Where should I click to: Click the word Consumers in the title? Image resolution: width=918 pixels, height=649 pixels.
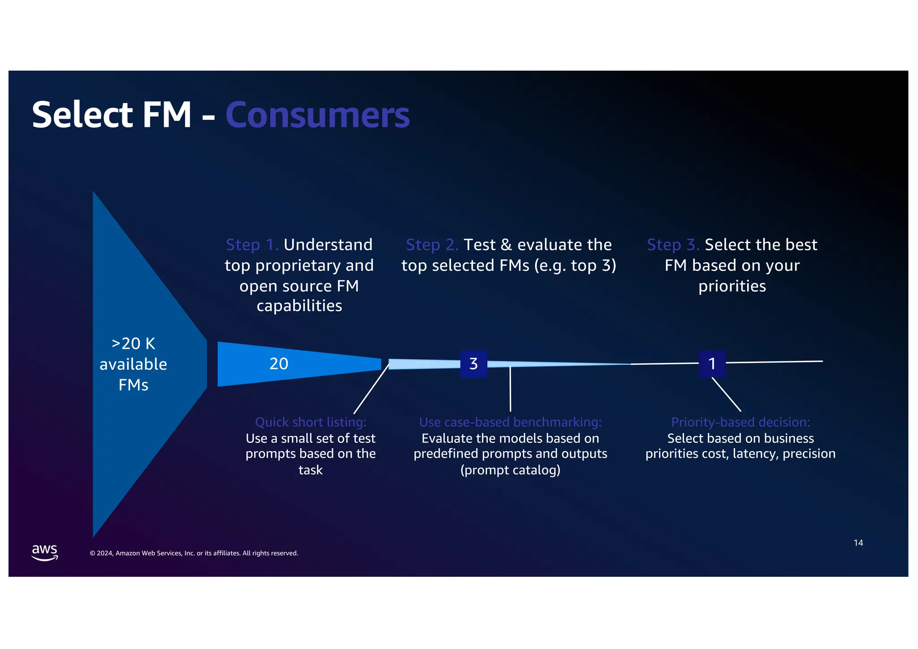point(317,115)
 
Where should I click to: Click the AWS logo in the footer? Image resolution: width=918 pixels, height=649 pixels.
point(45,552)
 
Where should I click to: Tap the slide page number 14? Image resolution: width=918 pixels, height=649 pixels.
point(858,543)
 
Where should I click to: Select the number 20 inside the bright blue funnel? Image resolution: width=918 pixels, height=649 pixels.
point(279,363)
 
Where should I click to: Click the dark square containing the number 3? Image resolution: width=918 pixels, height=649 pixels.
point(473,363)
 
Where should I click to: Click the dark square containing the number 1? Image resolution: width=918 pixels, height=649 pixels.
point(712,363)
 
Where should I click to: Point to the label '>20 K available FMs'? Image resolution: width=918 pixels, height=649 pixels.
point(133,364)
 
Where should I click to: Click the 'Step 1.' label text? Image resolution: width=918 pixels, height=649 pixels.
point(252,245)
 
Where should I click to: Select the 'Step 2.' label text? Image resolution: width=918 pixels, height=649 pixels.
point(432,245)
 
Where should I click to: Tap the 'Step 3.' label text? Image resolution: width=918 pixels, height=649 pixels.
point(673,245)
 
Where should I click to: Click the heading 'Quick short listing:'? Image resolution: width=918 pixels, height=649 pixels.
point(311,422)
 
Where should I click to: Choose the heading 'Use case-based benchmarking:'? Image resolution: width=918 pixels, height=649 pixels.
point(510,422)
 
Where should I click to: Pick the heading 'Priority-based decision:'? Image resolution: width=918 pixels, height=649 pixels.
point(740,422)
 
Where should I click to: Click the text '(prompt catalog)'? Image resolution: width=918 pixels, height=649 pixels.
point(510,470)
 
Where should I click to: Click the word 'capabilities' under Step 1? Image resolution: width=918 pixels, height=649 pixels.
point(299,306)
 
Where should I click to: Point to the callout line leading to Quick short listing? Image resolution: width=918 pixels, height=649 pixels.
point(372,389)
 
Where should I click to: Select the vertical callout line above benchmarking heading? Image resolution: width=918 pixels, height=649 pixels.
point(510,389)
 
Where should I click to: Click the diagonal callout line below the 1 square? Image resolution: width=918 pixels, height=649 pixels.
point(726,394)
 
